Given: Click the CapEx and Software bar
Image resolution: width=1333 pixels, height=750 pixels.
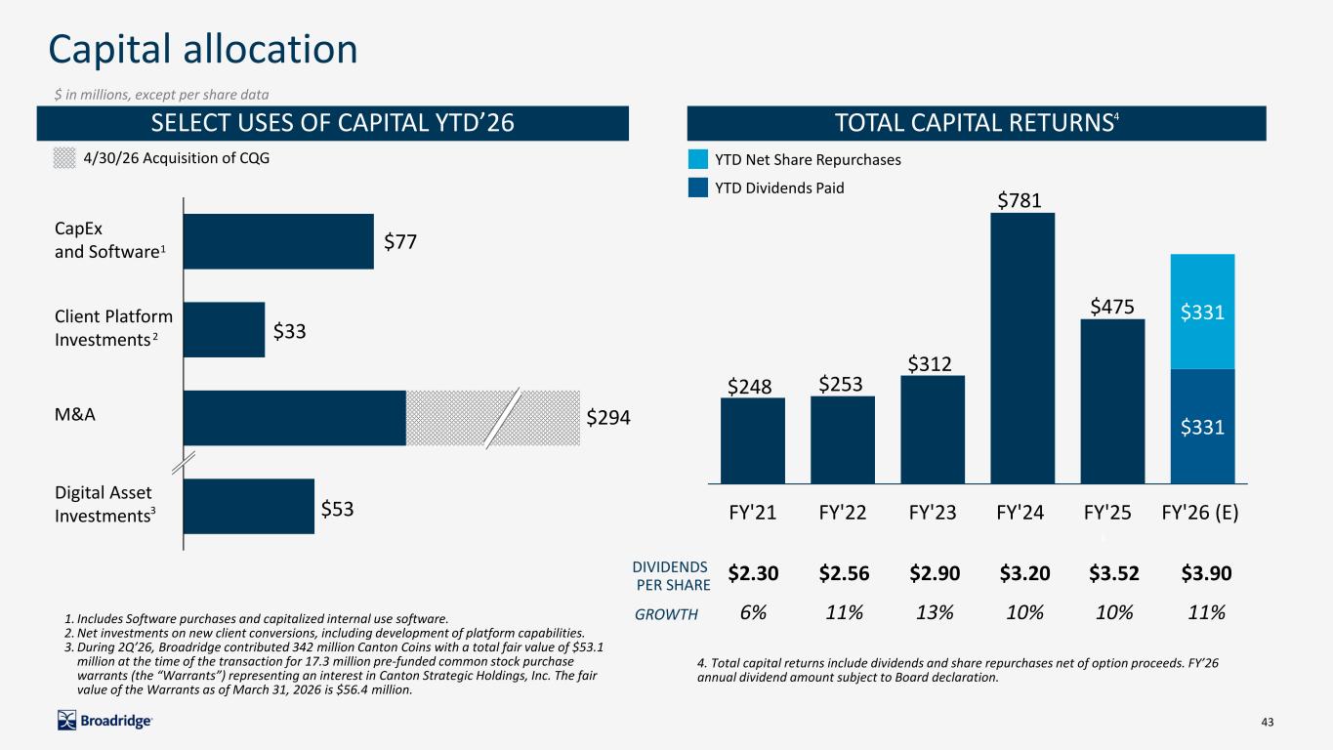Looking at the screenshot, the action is tap(278, 241).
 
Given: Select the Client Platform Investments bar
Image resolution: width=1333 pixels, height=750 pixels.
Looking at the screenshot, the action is tap(225, 330).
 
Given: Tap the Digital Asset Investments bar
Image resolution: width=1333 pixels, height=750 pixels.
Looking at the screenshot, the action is tap(249, 506).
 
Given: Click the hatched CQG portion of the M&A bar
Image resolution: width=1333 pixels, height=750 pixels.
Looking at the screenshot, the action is tap(493, 418).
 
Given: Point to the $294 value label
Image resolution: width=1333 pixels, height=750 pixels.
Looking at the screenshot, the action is tap(608, 417).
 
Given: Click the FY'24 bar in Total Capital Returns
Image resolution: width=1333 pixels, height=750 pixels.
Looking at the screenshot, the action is tap(1022, 349).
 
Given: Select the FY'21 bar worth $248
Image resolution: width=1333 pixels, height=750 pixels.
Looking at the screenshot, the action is tap(753, 440).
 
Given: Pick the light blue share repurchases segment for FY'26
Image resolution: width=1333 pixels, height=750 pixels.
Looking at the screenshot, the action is tap(1203, 312).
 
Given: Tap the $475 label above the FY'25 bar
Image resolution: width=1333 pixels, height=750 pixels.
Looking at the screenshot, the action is tap(1112, 307).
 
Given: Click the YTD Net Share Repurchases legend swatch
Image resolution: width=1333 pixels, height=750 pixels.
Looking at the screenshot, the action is tap(698, 159).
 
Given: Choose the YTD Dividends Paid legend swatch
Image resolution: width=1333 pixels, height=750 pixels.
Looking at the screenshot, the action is tap(698, 187).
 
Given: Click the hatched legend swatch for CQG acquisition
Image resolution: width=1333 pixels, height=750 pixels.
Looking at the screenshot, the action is tap(64, 158).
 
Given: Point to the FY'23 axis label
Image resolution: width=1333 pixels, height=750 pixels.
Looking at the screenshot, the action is tap(933, 513).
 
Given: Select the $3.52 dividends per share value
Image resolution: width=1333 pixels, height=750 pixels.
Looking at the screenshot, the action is tap(1114, 573).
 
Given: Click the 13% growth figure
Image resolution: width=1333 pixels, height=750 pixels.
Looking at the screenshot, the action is tap(935, 612).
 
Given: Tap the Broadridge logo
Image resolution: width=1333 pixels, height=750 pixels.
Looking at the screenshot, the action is tap(104, 721).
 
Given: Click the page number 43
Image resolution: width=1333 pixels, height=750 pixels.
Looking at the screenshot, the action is tap(1268, 722).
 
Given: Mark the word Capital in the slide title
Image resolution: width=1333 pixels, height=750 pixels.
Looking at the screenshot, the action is tap(110, 50).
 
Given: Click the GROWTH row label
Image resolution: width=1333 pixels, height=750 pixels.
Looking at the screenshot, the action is tap(666, 614).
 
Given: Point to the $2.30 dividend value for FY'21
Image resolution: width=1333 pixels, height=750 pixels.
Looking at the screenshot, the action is tap(753, 573).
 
